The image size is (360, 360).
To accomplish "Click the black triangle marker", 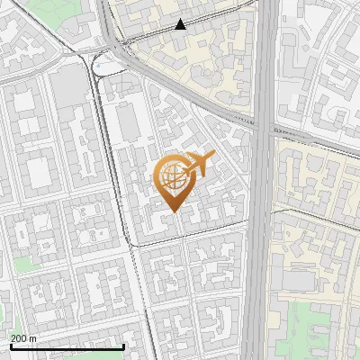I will (181, 24).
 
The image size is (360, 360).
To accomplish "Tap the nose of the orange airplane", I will (213, 156).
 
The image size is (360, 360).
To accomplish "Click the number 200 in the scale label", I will (18, 337).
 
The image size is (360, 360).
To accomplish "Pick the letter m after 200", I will (32, 337).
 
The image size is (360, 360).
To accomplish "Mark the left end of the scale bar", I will (10, 346).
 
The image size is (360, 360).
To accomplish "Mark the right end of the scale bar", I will (123, 346).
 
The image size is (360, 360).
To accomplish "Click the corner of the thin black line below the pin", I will (135, 243).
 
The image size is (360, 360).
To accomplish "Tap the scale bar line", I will (67, 346).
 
